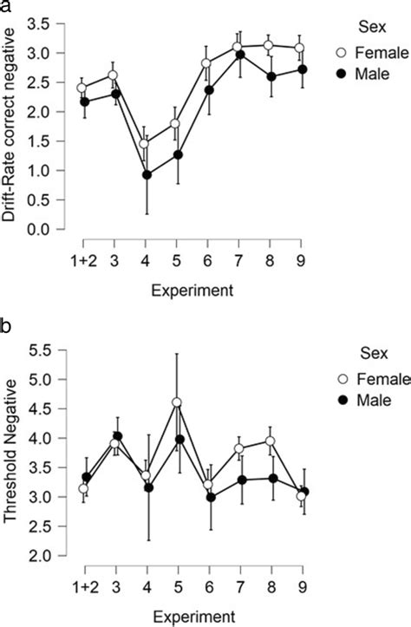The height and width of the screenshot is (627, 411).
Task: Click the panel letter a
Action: pos(6,7)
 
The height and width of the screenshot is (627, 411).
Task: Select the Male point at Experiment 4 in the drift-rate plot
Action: pos(147,174)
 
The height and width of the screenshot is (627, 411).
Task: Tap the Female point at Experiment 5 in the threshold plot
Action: pos(177,402)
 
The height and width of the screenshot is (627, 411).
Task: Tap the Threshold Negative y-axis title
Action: pos(11,453)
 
